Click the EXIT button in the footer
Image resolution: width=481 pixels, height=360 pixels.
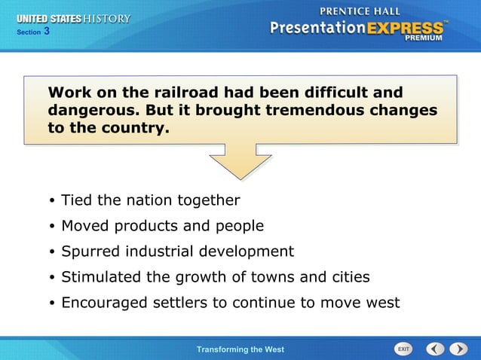404,349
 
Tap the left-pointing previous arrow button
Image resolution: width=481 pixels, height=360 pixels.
435,349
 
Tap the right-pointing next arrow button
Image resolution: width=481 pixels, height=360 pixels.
458,349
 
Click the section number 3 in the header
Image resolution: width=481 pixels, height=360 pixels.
47,32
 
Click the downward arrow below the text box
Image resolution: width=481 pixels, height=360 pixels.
240,162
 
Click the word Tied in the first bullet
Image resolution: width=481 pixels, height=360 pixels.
75,200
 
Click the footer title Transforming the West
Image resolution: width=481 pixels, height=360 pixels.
240,349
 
